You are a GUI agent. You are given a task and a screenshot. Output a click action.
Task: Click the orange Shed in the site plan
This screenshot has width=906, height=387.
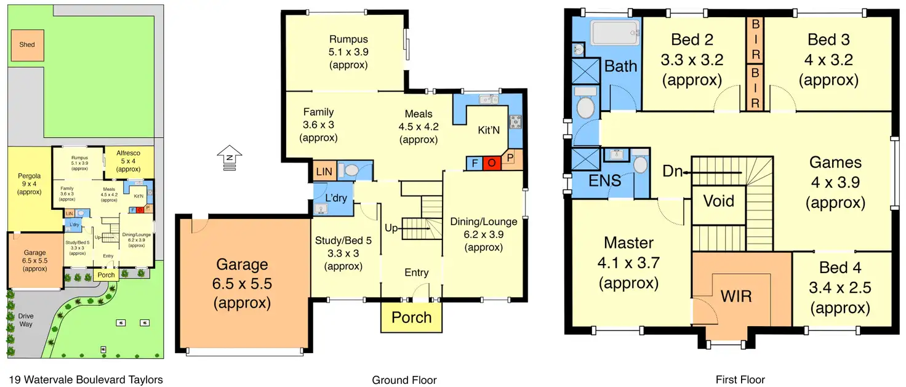pyautogui.click(x=27, y=45)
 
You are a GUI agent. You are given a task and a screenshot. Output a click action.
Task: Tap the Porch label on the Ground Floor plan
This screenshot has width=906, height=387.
pyautogui.click(x=412, y=317)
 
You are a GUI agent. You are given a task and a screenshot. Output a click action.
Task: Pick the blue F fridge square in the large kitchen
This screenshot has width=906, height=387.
pyautogui.click(x=475, y=163)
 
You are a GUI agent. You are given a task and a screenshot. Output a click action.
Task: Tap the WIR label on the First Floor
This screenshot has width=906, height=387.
pyautogui.click(x=736, y=297)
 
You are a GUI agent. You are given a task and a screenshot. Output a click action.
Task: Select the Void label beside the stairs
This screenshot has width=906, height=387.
pyautogui.click(x=719, y=201)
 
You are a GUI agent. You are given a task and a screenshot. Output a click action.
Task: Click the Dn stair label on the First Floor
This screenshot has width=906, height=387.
pyautogui.click(x=673, y=172)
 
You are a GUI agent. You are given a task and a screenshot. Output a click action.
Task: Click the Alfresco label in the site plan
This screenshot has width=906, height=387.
pyautogui.click(x=129, y=153)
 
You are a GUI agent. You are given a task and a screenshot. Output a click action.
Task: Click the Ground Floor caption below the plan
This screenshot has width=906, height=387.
pyautogui.click(x=404, y=380)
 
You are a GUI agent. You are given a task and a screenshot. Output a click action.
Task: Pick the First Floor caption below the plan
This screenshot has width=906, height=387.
pyautogui.click(x=740, y=380)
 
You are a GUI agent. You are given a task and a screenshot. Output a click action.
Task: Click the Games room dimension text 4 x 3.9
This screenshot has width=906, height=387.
pyautogui.click(x=835, y=183)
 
